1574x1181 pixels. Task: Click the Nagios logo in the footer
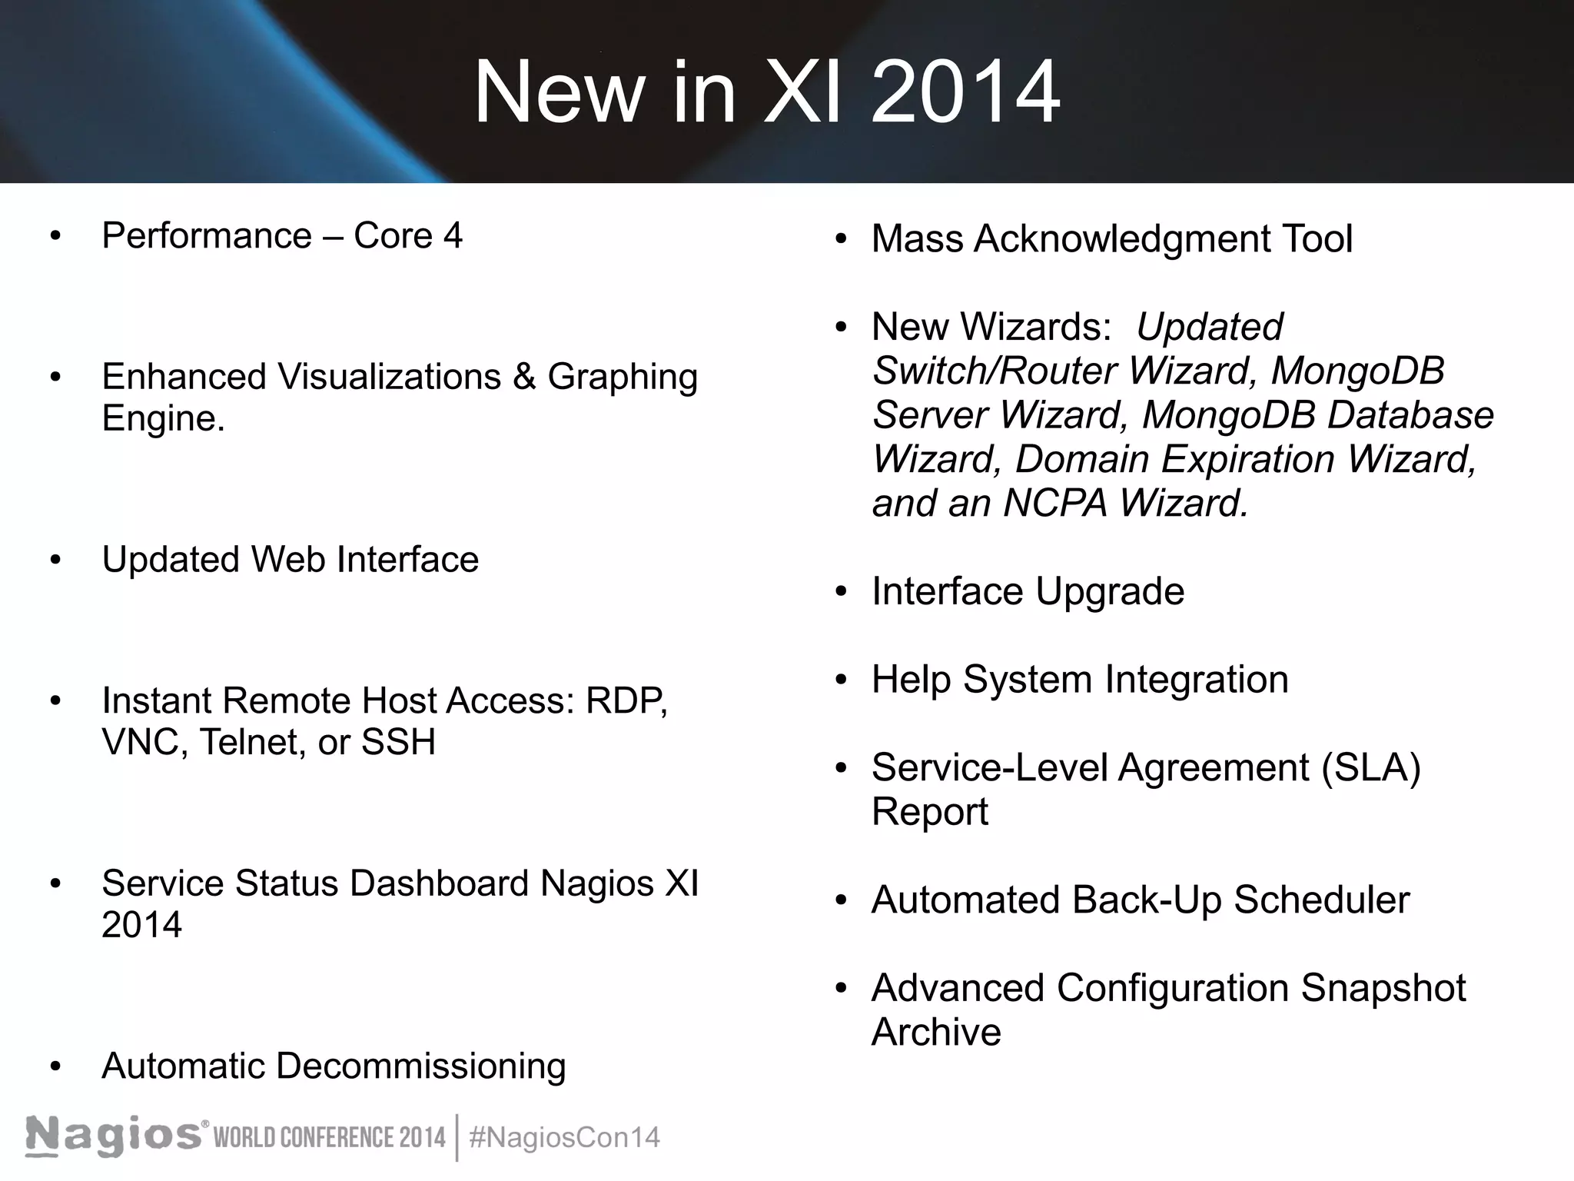click(x=115, y=1136)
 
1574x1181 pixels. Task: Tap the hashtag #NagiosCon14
click(x=564, y=1137)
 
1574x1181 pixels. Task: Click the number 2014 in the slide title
click(x=966, y=92)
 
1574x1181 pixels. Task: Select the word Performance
click(x=207, y=235)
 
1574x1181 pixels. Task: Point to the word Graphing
click(x=623, y=378)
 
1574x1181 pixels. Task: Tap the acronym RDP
click(x=626, y=700)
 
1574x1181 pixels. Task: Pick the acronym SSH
click(x=398, y=742)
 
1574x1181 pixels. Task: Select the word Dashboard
click(x=439, y=883)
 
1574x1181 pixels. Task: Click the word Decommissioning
click(x=420, y=1066)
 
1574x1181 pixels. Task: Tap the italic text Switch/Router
click(x=995, y=371)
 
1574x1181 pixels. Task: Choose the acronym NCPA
click(x=1055, y=504)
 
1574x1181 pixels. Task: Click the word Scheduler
click(x=1322, y=900)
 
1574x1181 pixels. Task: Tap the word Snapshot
click(x=1383, y=989)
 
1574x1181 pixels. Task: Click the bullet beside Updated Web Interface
click(x=55, y=560)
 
